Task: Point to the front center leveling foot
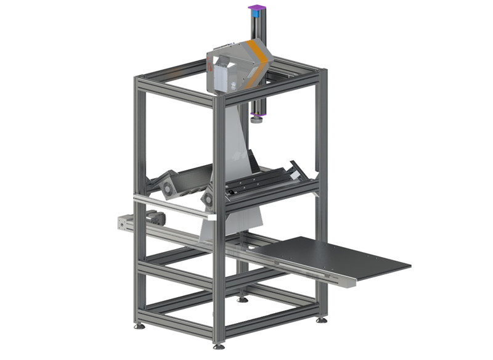pos(217,345)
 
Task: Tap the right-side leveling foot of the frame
pos(322,319)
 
